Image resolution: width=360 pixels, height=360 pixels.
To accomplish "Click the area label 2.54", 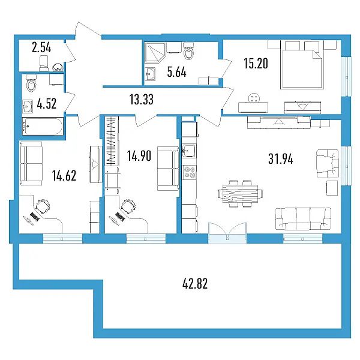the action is (41, 48).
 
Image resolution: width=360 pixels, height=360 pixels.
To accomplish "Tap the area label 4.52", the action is (47, 104).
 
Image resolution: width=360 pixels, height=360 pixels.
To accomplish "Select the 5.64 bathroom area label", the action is (176, 73).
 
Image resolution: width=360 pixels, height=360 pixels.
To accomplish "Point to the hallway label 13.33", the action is (142, 100).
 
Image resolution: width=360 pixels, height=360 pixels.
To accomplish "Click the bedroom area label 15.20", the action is (256, 64).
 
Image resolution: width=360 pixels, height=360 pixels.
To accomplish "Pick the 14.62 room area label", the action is (64, 176).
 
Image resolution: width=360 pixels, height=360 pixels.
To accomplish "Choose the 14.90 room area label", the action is (139, 156).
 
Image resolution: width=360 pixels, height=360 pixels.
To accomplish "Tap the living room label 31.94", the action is (281, 159).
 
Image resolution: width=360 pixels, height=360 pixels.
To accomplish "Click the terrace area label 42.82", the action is (195, 284).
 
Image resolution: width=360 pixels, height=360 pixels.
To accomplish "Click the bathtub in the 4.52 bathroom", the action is (43, 126).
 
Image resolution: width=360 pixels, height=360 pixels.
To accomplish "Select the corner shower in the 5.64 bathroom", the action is (155, 53).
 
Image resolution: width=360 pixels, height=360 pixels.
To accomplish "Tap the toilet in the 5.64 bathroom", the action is (189, 50).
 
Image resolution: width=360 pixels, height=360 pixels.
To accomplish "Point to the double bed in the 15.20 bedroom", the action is (301, 65).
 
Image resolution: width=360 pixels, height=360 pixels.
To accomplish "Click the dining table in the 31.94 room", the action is (240, 194).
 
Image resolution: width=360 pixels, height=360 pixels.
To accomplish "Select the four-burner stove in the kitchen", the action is (190, 173).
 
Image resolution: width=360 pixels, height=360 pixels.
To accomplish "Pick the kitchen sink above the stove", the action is (189, 151).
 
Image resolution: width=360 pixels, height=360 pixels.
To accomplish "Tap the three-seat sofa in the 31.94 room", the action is (303, 218).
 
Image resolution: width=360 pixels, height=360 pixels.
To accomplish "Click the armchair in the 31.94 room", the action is (328, 164).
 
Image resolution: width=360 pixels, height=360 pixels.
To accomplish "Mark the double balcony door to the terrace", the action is (227, 233).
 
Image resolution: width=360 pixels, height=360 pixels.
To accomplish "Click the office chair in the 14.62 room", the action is (43, 206).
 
